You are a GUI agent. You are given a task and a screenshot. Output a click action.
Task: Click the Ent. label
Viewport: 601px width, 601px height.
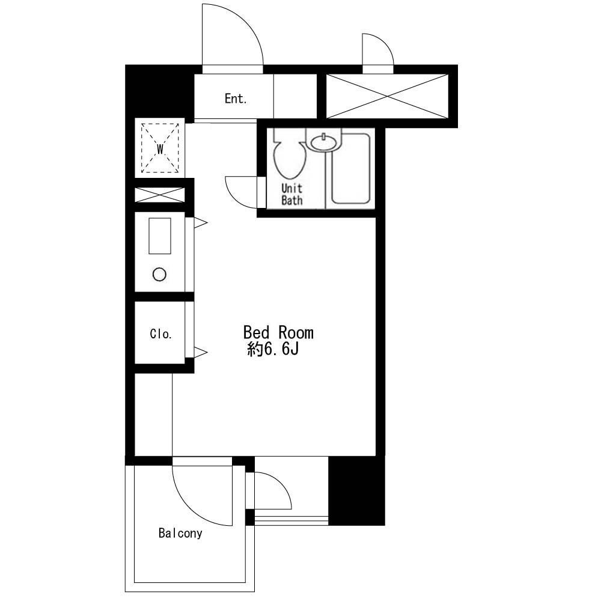tap(236, 99)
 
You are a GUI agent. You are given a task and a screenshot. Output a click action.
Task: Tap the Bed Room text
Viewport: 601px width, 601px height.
tap(278, 333)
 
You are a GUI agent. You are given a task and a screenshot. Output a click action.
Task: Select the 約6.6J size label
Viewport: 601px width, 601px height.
tap(273, 349)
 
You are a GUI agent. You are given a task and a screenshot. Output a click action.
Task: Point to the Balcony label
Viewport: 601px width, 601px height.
tap(180, 533)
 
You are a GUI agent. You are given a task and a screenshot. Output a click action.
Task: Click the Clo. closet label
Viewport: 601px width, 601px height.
tap(160, 334)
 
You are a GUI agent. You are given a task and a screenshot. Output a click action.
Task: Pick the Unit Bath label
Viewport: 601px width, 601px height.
tap(292, 194)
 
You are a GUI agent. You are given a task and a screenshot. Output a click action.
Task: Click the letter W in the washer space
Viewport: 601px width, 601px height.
tap(160, 148)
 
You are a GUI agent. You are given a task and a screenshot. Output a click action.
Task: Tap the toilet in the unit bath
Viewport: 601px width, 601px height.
tap(290, 153)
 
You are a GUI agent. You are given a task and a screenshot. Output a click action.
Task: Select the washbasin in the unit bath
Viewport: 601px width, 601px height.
tap(325, 142)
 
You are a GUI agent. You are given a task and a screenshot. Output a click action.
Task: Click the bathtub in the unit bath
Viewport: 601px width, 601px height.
tap(351, 169)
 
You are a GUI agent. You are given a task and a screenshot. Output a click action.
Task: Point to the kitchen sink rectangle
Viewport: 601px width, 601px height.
tap(160, 236)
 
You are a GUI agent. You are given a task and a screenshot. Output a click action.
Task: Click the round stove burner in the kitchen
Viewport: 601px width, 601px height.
tap(159, 275)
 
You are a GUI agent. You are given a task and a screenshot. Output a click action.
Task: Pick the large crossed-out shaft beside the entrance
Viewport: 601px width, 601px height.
tap(387, 96)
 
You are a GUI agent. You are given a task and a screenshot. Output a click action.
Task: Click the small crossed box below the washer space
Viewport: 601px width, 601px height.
tap(160, 195)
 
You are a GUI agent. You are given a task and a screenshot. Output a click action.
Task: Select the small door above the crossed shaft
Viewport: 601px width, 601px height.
tap(378, 50)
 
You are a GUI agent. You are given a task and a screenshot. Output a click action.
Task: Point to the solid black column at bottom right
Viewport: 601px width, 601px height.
tap(357, 490)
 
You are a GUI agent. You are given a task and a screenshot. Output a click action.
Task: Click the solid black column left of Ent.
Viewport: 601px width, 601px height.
tap(159, 92)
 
